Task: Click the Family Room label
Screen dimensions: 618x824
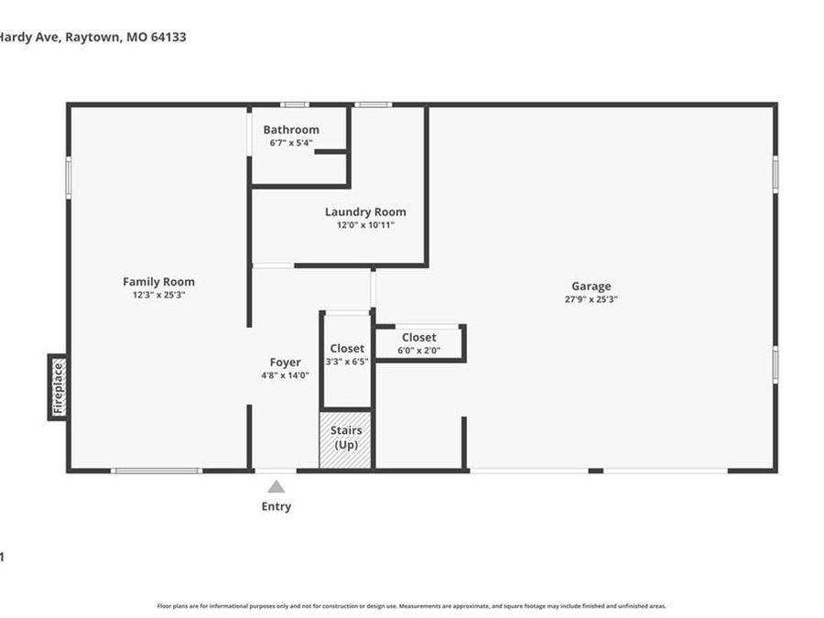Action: tap(159, 282)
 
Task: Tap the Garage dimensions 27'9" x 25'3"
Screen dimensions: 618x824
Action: tap(592, 299)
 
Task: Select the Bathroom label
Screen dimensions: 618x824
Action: tap(291, 130)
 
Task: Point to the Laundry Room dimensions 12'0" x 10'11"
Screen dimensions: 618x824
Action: tap(365, 225)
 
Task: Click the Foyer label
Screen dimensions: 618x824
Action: tap(285, 363)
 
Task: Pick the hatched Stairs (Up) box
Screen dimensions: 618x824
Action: tap(346, 439)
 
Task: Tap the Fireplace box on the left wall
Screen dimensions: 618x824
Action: tap(58, 387)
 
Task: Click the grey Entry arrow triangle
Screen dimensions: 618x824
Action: tap(276, 487)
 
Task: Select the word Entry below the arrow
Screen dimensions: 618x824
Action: tap(276, 506)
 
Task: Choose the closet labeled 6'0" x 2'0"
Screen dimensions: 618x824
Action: tap(419, 343)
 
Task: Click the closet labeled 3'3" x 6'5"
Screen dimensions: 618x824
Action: tap(347, 354)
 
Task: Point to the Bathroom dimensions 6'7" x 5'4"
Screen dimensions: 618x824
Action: tap(291, 143)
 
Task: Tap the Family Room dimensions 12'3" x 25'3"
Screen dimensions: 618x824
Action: tap(159, 295)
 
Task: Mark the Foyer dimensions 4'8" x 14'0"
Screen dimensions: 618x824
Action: tap(285, 375)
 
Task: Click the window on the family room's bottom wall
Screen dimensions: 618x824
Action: tap(157, 471)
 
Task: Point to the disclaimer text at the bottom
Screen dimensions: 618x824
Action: tap(412, 606)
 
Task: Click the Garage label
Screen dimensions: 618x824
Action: tap(592, 287)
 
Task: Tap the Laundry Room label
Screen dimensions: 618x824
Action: tap(365, 212)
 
